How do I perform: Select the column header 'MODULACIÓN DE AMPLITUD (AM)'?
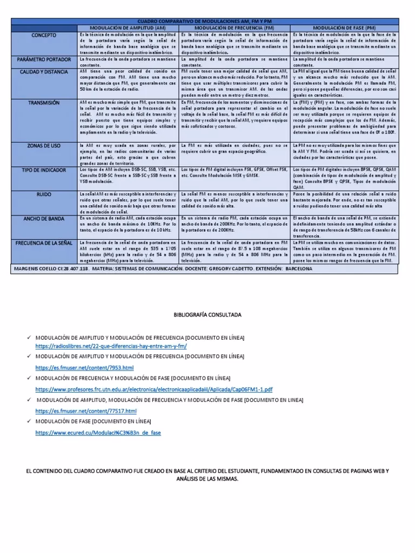click(x=128, y=27)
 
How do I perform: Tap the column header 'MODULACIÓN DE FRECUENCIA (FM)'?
click(x=235, y=27)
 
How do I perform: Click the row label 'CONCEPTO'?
click(x=44, y=35)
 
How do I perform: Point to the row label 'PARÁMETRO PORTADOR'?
click(x=44, y=58)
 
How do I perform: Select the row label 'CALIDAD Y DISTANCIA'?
click(x=44, y=72)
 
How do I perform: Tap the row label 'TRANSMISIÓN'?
click(x=44, y=103)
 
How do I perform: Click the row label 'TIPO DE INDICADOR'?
click(x=44, y=170)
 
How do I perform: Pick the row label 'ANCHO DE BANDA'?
click(x=44, y=219)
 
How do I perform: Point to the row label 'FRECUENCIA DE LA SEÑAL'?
click(x=44, y=243)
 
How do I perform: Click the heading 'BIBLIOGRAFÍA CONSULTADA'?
click(x=207, y=314)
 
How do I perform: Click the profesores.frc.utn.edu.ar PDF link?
click(x=154, y=389)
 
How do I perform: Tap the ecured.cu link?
click(x=98, y=433)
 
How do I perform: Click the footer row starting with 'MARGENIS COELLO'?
click(x=162, y=268)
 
